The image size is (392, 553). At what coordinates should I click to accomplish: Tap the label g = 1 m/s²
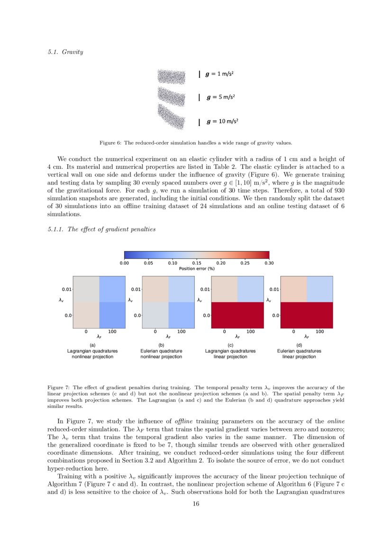(220, 74)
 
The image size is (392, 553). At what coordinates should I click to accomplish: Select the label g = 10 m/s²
(222, 122)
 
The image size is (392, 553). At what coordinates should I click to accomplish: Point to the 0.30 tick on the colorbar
(269, 263)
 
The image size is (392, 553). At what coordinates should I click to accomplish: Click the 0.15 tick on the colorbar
(197, 263)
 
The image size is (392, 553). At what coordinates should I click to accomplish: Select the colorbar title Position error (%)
(197, 268)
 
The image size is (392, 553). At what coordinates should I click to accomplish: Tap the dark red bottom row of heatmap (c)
(237, 315)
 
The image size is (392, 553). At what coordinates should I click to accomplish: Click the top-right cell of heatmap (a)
(112, 289)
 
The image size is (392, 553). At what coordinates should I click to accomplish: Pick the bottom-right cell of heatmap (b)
(182, 315)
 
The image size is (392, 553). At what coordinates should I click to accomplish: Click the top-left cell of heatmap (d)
(293, 289)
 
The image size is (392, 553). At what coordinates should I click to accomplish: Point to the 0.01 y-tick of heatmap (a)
(66, 289)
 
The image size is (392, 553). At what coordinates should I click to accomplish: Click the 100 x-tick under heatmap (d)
(320, 332)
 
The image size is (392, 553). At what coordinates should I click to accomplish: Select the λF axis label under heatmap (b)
(168, 337)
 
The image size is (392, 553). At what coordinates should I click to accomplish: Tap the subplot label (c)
(230, 345)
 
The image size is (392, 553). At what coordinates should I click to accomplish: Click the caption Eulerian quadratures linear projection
(299, 354)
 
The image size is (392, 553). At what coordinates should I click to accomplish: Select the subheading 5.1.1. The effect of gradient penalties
(101, 229)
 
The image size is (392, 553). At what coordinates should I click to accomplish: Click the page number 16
(196, 504)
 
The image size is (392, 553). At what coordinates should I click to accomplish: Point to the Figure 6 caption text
(196, 142)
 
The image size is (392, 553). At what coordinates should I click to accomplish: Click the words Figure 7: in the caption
(59, 387)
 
